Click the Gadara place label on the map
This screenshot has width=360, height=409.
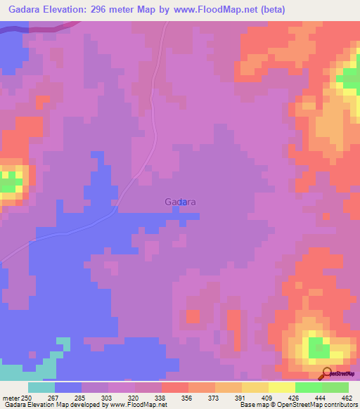point(180,202)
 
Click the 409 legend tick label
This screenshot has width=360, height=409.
point(268,398)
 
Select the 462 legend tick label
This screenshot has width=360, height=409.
point(347,398)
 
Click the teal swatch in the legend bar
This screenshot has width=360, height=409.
point(41,387)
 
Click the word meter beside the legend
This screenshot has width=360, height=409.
point(11,398)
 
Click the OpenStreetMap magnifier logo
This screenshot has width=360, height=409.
point(328,374)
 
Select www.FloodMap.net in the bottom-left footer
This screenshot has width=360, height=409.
point(137,405)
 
